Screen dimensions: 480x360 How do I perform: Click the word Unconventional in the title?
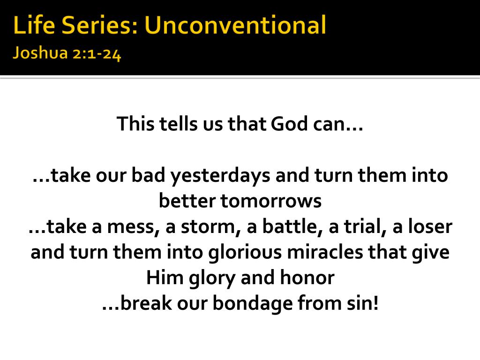235,25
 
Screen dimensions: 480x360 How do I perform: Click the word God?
289,124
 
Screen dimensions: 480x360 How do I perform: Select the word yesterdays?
220,176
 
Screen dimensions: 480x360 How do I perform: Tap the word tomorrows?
271,201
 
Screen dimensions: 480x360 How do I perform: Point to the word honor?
307,277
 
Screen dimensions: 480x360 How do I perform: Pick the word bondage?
253,304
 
